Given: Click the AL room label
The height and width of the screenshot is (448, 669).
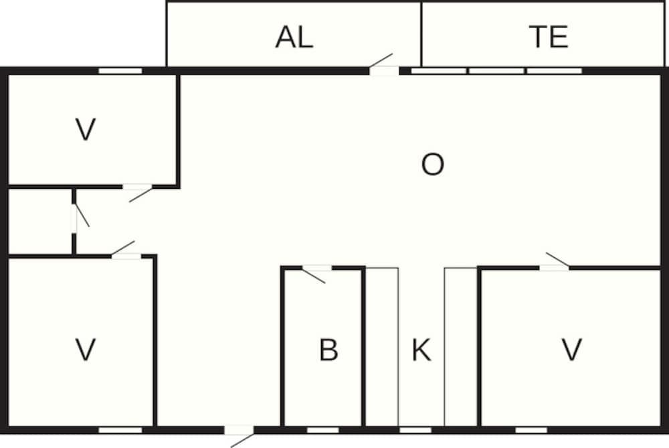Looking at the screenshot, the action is (294, 37).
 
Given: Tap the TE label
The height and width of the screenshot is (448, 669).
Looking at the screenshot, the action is (549, 37).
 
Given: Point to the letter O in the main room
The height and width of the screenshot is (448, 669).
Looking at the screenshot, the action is (433, 165).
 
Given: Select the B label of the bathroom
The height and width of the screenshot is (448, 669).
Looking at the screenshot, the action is (328, 350).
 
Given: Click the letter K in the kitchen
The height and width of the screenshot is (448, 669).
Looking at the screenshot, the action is (421, 350).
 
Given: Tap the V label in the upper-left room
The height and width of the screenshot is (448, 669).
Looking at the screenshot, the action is (86, 129).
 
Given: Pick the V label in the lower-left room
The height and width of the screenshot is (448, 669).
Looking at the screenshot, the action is (86, 350).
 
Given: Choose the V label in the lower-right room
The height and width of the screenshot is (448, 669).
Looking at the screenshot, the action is (572, 350).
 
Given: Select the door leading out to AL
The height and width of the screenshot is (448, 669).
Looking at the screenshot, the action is (381, 64).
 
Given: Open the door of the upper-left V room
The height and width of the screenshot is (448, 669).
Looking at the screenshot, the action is (138, 193).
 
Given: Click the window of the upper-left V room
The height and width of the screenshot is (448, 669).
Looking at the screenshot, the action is (120, 71).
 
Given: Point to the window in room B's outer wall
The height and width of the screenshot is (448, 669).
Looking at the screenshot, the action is (323, 430).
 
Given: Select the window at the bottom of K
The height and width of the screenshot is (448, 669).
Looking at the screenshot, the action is (415, 430).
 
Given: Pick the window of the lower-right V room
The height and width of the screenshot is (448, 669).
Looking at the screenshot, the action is (531, 430).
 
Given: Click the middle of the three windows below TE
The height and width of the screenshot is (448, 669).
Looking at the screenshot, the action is (496, 71).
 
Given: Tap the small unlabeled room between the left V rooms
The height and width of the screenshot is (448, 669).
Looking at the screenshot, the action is (39, 221).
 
